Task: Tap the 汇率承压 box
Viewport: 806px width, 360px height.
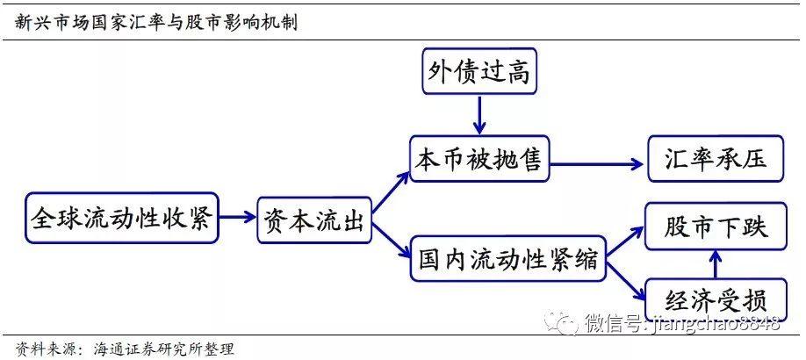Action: (716, 160)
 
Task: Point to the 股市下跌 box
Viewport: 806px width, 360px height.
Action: (716, 227)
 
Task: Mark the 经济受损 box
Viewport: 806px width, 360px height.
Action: (716, 299)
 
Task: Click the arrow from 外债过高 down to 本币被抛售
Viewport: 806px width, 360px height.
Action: (479, 114)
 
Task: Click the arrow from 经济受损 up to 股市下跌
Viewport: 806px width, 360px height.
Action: (716, 263)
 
